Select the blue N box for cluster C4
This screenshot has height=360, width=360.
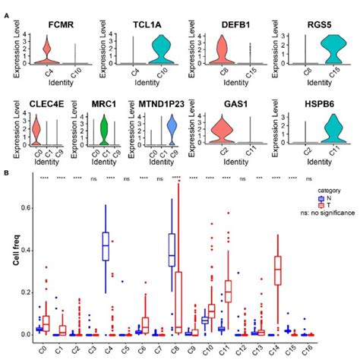coord(106,247)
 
